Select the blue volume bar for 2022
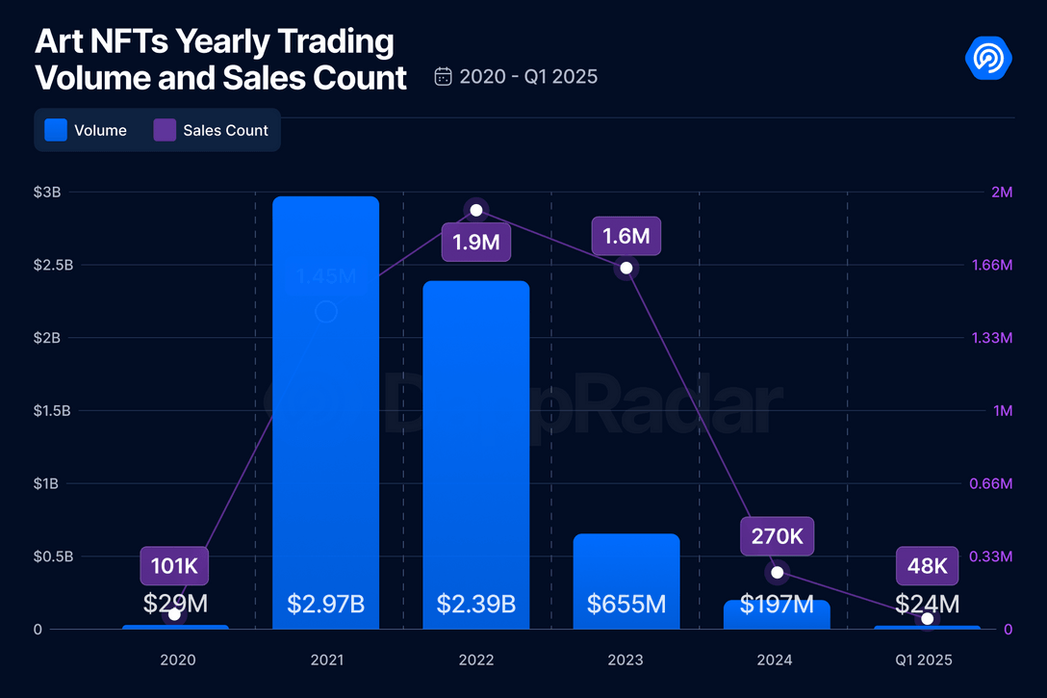click(x=476, y=452)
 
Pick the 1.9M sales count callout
click(x=475, y=242)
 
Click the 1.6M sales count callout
click(x=626, y=236)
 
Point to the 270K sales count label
click(x=777, y=536)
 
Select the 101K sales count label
click(x=174, y=566)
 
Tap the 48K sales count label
click(x=928, y=566)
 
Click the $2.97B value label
click(x=326, y=605)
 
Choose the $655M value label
click(x=626, y=605)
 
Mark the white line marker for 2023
click(x=626, y=268)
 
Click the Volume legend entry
click(x=87, y=130)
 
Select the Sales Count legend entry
click(x=212, y=130)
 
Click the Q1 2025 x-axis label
click(x=924, y=659)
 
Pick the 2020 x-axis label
click(x=178, y=659)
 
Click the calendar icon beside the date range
click(x=444, y=76)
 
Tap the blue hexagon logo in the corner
click(x=988, y=59)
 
